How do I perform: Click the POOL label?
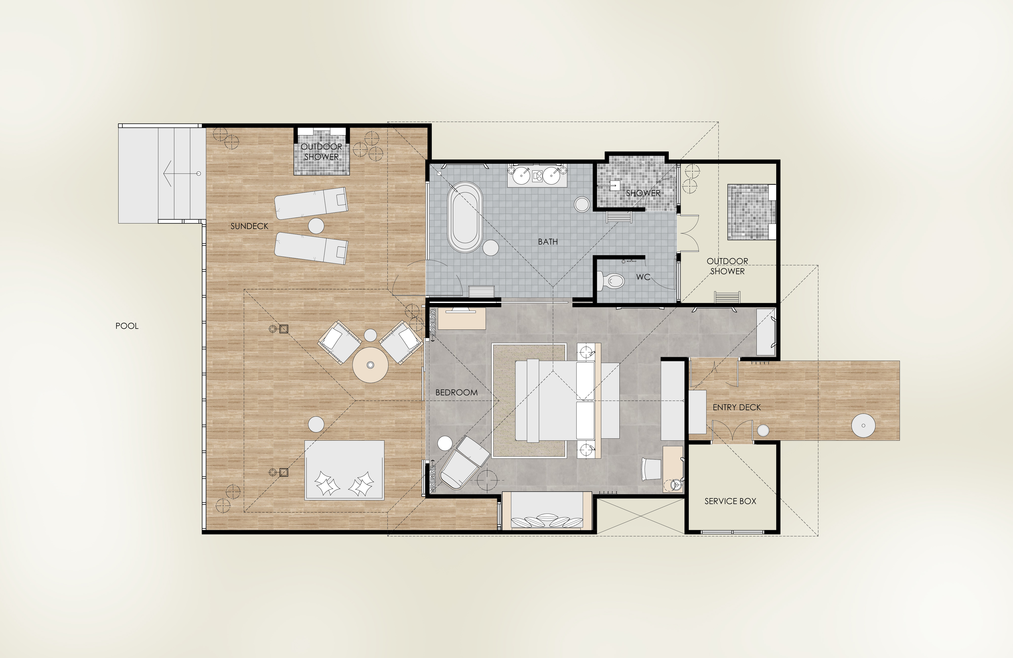127,326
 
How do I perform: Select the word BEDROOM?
456,393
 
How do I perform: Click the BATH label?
548,242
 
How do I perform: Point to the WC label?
643,277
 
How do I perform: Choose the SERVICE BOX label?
730,501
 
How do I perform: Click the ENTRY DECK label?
737,407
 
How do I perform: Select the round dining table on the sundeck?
370,364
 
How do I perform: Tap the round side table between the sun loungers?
316,226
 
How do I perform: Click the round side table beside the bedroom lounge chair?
445,443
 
